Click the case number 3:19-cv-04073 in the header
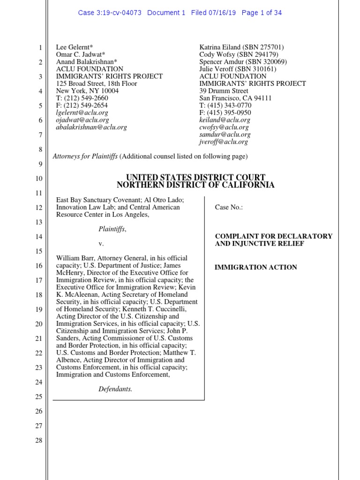(119, 13)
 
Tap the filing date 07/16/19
(223, 13)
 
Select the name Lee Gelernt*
(75, 47)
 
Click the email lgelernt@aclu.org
(82, 112)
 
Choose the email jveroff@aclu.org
(224, 142)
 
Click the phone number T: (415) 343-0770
(225, 105)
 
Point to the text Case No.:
(229, 207)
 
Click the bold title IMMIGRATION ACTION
(255, 267)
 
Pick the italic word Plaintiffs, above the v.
(112, 229)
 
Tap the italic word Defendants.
(115, 389)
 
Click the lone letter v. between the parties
(100, 244)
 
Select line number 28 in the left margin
(39, 440)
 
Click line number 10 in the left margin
(39, 179)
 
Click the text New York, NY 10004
(88, 91)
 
